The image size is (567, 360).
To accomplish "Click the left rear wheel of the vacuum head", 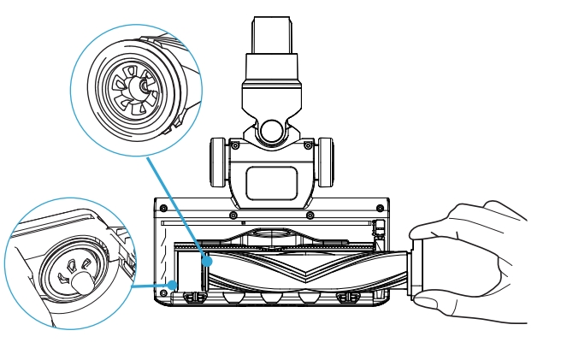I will (x=217, y=162).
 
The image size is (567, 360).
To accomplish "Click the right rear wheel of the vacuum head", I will (x=325, y=162).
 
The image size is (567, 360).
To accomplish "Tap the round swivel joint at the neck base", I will (x=271, y=131).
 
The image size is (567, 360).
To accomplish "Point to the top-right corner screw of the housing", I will (x=380, y=208).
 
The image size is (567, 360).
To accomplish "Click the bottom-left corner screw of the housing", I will (x=162, y=294).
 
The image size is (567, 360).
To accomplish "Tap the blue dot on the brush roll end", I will (x=207, y=260).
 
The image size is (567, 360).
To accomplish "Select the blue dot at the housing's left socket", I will (x=172, y=286).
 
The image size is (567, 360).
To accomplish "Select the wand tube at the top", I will (x=271, y=34).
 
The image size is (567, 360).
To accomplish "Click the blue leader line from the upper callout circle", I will (x=175, y=205).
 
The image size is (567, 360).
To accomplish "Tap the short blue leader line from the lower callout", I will (x=150, y=286).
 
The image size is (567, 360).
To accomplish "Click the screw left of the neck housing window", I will (x=234, y=145).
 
